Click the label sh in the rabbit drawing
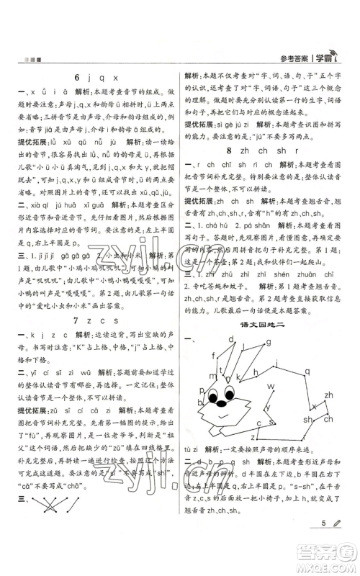click(307, 420)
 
